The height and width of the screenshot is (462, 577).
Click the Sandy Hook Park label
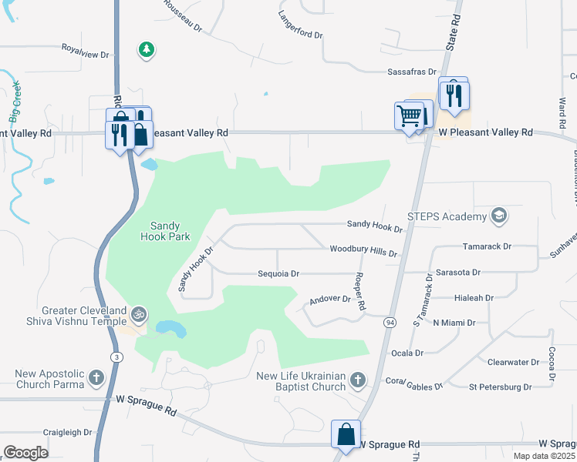(x=164, y=232)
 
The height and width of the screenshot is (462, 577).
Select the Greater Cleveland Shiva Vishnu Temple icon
(x=139, y=315)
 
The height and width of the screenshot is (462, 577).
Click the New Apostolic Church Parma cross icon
(x=96, y=377)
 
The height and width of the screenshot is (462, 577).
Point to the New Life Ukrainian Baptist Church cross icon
(x=356, y=380)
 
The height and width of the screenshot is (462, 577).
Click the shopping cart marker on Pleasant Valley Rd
(x=409, y=116)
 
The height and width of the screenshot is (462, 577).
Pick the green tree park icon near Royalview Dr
(x=146, y=50)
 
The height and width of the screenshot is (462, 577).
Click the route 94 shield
(x=390, y=323)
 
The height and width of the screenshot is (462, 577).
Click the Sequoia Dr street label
(x=278, y=273)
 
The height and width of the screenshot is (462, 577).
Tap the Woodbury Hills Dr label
(x=363, y=251)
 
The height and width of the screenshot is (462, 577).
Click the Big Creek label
(x=15, y=101)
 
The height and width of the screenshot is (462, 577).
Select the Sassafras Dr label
(x=412, y=72)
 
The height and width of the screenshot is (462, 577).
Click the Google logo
(x=25, y=452)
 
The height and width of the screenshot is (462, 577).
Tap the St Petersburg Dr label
(x=500, y=387)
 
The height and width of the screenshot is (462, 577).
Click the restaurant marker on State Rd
(x=454, y=94)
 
